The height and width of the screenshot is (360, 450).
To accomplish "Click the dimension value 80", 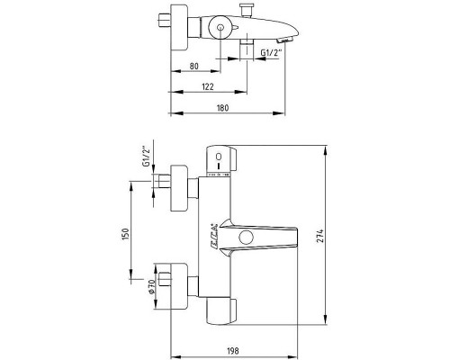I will [x=193, y=67].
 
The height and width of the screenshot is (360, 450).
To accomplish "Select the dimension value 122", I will [x=210, y=86].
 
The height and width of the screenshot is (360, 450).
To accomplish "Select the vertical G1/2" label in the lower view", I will [x=145, y=158].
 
